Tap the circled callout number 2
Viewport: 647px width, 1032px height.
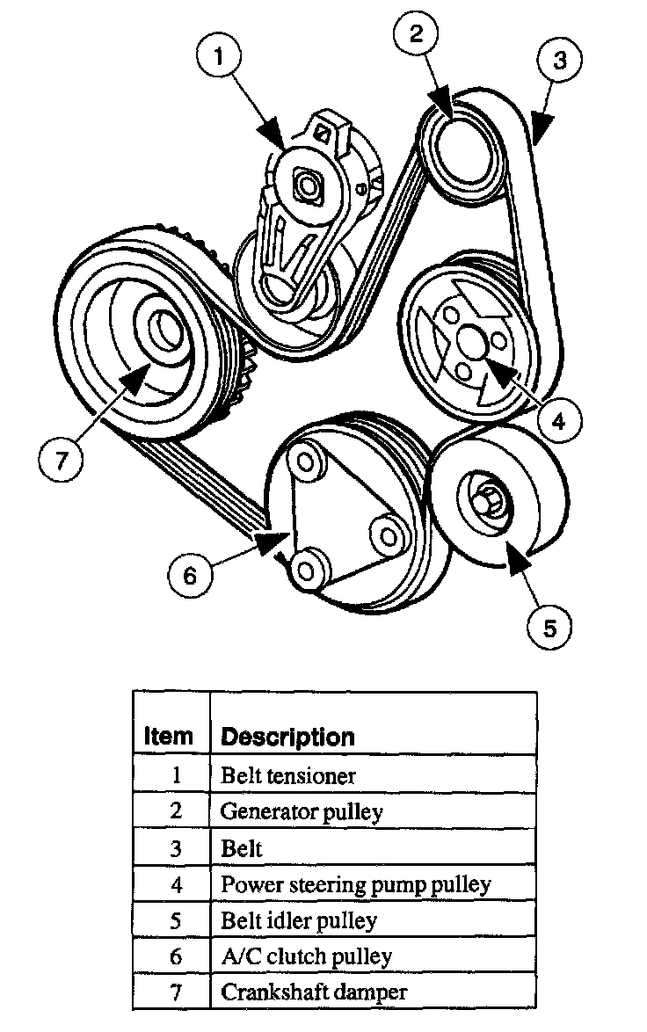point(415,36)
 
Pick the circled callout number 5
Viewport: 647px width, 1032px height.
point(549,628)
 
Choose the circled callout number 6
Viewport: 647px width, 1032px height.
point(191,576)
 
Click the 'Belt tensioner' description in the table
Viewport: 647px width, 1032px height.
point(287,774)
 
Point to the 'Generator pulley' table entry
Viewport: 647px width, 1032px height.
point(302,810)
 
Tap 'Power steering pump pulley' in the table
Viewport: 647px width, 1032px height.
point(355,883)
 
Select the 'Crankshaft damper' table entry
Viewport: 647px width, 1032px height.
point(314,992)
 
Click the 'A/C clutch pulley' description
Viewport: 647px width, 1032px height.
point(306,956)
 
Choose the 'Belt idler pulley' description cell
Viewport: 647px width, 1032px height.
point(298,920)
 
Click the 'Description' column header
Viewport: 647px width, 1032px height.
point(287,736)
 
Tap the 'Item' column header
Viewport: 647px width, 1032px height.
point(168,736)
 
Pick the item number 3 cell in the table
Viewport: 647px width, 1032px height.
point(176,848)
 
